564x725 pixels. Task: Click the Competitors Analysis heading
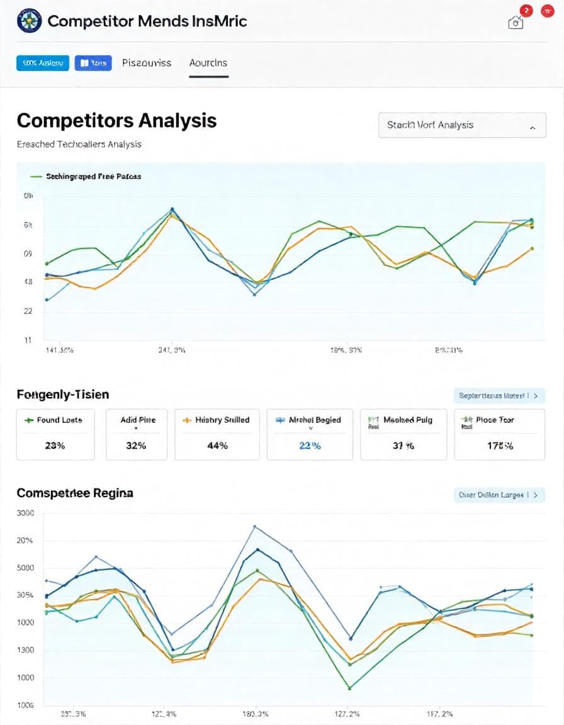pyautogui.click(x=116, y=120)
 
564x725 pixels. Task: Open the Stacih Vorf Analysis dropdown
pyautogui.click(x=461, y=125)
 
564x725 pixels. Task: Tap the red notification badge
pyautogui.click(x=526, y=11)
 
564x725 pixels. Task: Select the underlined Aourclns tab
pyautogui.click(x=208, y=63)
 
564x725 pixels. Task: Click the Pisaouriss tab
pyautogui.click(x=147, y=63)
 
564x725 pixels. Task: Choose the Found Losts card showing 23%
pyautogui.click(x=55, y=434)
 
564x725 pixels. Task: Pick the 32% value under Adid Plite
pyautogui.click(x=136, y=446)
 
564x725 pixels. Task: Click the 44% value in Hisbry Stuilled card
pyautogui.click(x=217, y=446)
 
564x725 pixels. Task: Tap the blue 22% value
pyautogui.click(x=309, y=446)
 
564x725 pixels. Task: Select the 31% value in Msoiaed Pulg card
pyautogui.click(x=403, y=446)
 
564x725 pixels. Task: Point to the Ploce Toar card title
pyautogui.click(x=495, y=420)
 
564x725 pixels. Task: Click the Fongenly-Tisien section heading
pyautogui.click(x=63, y=395)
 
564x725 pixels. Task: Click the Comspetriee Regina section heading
pyautogui.click(x=75, y=493)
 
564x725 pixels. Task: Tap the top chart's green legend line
pyautogui.click(x=35, y=177)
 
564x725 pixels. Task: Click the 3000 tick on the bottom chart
pyautogui.click(x=25, y=513)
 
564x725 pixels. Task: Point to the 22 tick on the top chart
pyautogui.click(x=28, y=311)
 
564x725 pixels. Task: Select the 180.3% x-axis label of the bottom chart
pyautogui.click(x=255, y=714)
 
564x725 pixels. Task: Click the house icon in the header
pyautogui.click(x=516, y=23)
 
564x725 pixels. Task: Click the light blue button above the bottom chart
pyautogui.click(x=499, y=495)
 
